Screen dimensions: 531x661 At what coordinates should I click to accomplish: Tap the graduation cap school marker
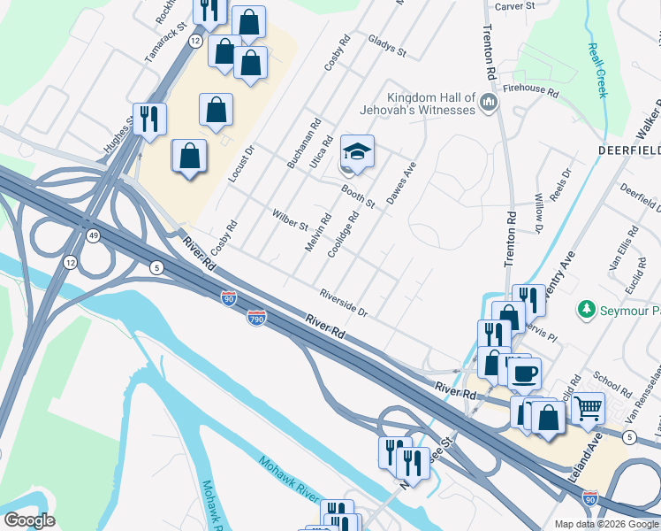357,152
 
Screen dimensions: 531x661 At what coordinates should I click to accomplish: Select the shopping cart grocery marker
588,408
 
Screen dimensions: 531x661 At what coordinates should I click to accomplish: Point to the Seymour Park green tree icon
585,310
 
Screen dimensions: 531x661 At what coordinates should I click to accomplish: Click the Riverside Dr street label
343,303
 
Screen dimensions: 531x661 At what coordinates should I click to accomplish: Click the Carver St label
515,5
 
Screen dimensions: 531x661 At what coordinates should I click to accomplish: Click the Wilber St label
289,220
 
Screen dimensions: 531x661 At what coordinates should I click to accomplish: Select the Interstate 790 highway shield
256,316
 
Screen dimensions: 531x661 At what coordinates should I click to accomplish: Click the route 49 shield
93,235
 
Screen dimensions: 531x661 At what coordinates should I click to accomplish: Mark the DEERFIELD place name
627,151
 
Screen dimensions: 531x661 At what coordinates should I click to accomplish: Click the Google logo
29,520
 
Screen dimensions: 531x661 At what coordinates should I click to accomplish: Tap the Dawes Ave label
400,181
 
